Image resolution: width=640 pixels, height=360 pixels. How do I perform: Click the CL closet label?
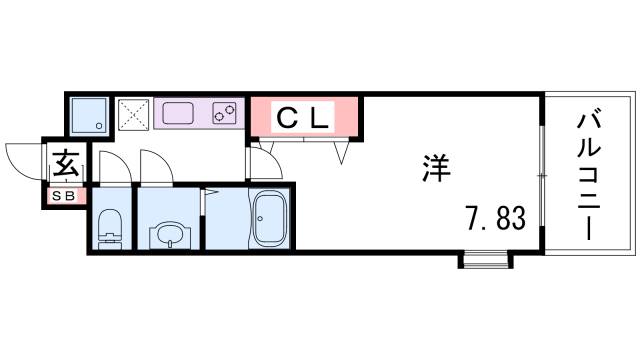point(303,119)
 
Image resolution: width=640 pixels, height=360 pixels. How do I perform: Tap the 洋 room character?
point(436,168)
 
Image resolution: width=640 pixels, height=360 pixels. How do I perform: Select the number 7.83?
point(493,217)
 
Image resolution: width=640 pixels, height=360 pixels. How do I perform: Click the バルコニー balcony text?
point(588,176)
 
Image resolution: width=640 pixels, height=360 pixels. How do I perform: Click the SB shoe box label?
point(63,196)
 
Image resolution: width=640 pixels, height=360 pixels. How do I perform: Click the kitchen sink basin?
point(180,112)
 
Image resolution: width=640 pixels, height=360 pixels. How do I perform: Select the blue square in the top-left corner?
point(90,115)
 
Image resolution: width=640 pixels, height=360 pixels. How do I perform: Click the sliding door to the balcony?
point(540,176)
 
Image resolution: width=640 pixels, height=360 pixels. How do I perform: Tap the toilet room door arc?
point(113,166)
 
